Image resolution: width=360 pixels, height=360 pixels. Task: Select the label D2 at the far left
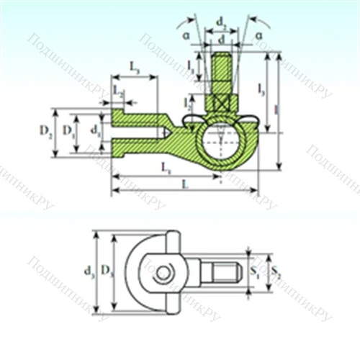(x=45, y=131)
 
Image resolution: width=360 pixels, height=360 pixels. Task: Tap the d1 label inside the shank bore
(x=96, y=131)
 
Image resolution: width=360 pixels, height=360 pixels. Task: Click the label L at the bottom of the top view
(x=185, y=184)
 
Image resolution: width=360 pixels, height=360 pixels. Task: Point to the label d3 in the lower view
(x=89, y=271)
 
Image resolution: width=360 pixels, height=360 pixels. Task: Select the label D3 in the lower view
(x=107, y=271)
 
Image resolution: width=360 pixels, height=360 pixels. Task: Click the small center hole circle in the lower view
(x=165, y=273)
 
